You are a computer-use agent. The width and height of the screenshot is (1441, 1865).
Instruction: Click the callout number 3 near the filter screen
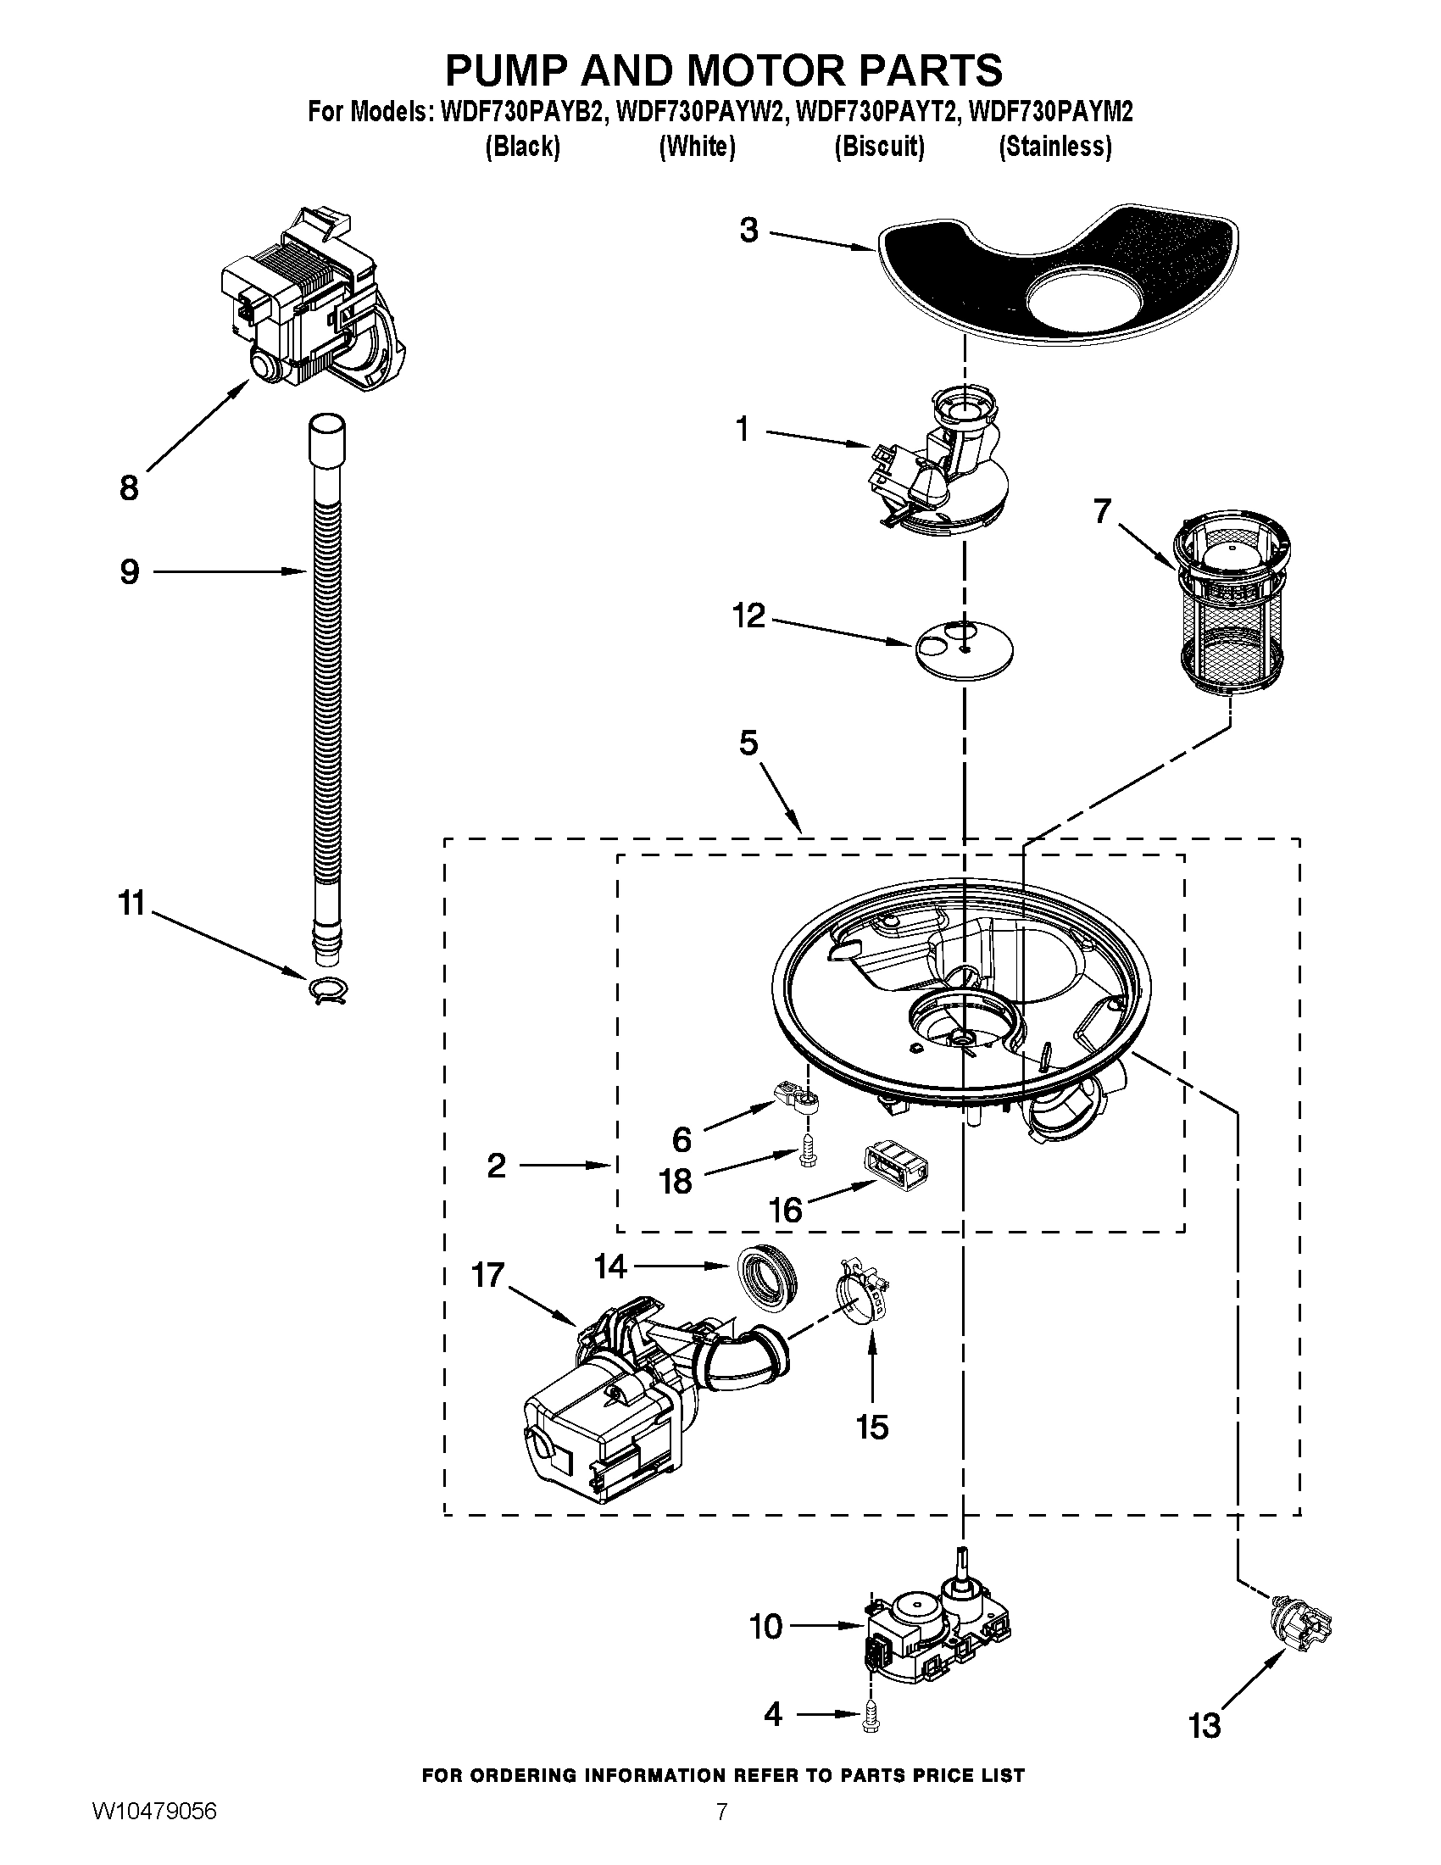(x=748, y=231)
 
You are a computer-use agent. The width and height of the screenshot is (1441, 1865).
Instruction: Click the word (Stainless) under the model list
(x=1055, y=147)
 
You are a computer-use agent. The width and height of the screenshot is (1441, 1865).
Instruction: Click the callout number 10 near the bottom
(x=765, y=1626)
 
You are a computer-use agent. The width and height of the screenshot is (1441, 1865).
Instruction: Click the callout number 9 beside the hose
(x=129, y=571)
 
